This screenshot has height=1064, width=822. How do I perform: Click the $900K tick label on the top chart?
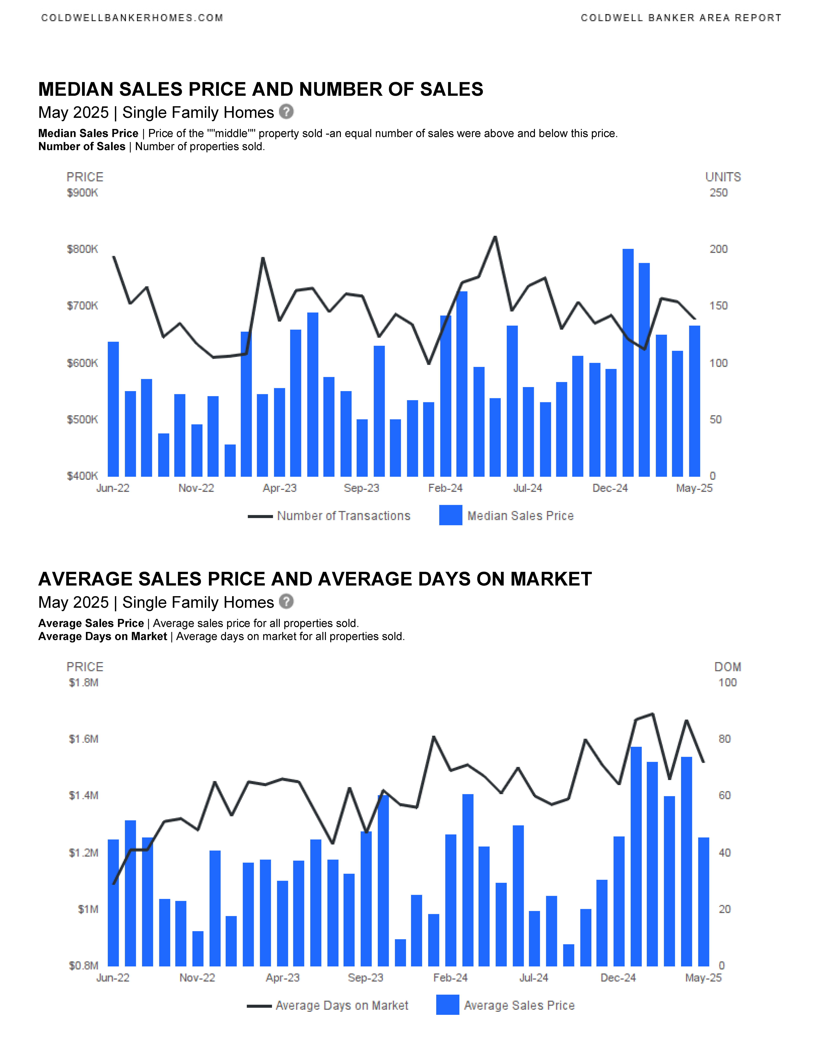click(x=82, y=193)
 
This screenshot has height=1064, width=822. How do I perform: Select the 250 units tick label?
click(x=718, y=193)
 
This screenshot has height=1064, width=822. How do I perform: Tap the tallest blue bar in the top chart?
click(x=628, y=362)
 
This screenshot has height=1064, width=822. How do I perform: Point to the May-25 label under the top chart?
click(x=694, y=488)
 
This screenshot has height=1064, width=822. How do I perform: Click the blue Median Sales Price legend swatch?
click(x=450, y=515)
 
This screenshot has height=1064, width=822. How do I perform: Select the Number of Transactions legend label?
click(x=344, y=516)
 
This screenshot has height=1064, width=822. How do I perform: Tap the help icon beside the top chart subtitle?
click(x=286, y=112)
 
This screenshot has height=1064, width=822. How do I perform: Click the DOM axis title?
click(x=728, y=667)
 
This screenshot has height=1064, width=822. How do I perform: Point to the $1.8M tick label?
click(x=84, y=683)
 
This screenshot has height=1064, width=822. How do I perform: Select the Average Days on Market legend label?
click(x=342, y=1005)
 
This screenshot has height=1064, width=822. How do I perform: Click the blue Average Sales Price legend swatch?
click(x=448, y=1005)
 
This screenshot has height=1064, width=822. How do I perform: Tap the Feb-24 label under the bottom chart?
click(x=450, y=978)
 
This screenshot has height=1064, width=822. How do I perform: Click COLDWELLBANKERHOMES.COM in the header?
click(x=132, y=18)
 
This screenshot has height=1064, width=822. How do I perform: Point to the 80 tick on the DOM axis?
click(x=725, y=739)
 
